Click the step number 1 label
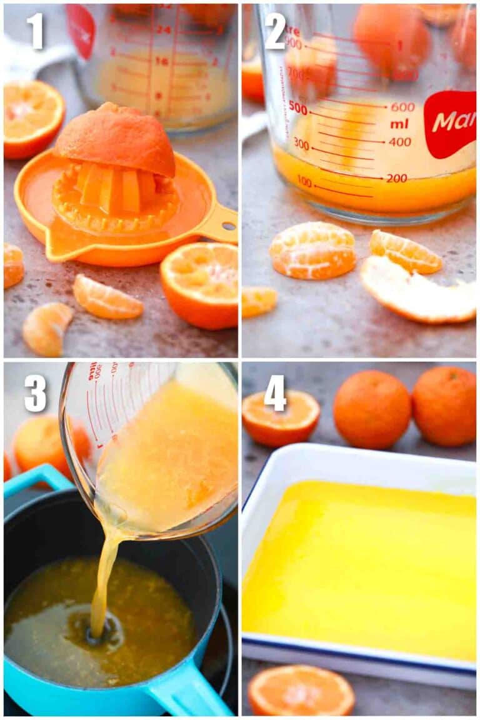tap(34, 31)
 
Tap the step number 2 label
tap(275, 31)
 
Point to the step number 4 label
tap(275, 393)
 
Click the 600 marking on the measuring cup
tap(402, 107)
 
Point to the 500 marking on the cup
tap(298, 109)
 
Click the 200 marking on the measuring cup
tap(397, 178)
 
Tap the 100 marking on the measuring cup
tap(304, 182)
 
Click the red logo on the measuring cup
tap(451, 123)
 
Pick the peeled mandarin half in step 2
tap(312, 250)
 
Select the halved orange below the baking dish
tap(301, 691)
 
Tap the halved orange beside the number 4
tap(281, 417)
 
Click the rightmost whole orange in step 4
tap(444, 406)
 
